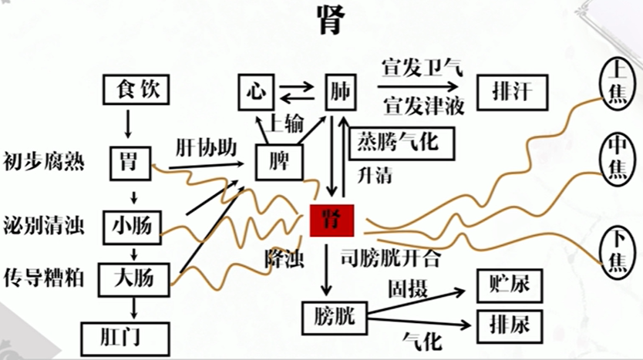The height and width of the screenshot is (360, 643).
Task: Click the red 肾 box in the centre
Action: click(x=332, y=220)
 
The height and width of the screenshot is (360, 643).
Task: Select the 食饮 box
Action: click(x=136, y=89)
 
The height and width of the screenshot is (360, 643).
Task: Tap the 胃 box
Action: click(x=130, y=163)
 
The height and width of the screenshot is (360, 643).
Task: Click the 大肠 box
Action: click(x=133, y=280)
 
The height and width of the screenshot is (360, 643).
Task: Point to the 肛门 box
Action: click(x=126, y=339)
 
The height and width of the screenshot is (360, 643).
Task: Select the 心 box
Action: click(x=256, y=93)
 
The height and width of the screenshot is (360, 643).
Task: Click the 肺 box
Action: click(x=340, y=93)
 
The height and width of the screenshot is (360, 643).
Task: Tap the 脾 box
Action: click(x=279, y=163)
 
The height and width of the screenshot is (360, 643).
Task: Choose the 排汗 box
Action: click(x=512, y=93)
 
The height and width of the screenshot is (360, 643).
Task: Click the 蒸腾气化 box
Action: click(x=402, y=143)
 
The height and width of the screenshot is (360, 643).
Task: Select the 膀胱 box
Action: click(x=335, y=318)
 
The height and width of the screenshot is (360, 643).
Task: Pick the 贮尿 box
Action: click(x=510, y=286)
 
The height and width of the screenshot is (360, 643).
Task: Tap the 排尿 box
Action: click(x=510, y=326)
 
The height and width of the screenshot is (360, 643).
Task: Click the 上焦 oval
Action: click(x=617, y=84)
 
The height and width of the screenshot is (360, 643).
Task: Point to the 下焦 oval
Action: click(x=617, y=252)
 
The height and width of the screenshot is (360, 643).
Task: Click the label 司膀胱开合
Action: click(x=391, y=258)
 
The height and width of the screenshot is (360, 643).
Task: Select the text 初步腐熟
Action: click(x=44, y=161)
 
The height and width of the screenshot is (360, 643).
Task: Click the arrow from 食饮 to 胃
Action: click(x=128, y=124)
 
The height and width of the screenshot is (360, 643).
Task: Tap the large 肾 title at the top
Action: click(x=331, y=21)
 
